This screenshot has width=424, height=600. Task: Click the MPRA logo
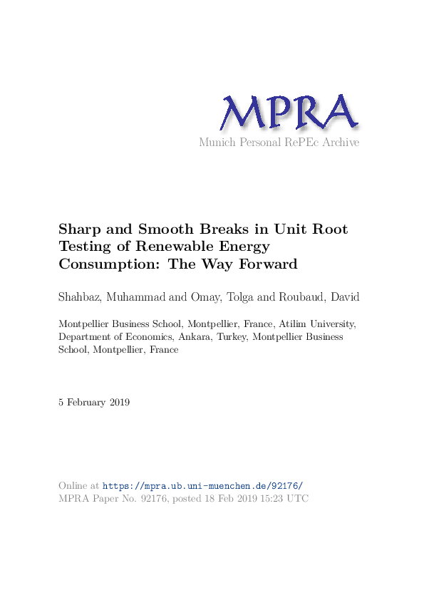[288, 113]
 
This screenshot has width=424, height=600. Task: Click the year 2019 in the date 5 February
[118, 403]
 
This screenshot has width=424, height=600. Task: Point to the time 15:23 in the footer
[271, 499]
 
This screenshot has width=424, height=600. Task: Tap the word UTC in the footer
[298, 499]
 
